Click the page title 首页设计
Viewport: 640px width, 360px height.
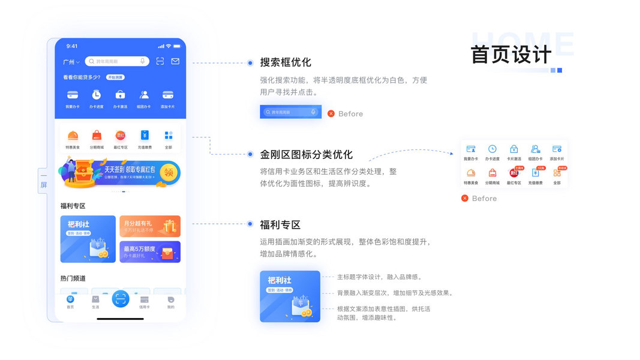click(x=511, y=55)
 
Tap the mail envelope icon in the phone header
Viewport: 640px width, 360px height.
click(x=175, y=61)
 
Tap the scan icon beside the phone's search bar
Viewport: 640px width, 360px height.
click(x=160, y=61)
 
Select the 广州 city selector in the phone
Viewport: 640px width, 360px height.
click(x=71, y=62)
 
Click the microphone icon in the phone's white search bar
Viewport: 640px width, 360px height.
click(x=143, y=61)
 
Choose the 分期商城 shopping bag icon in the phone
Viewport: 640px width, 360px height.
click(x=97, y=136)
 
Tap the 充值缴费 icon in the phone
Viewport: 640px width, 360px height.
click(x=145, y=136)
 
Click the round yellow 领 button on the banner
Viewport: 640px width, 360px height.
click(x=169, y=172)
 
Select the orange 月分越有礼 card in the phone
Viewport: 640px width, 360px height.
click(x=150, y=226)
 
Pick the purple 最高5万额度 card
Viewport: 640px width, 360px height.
click(x=150, y=251)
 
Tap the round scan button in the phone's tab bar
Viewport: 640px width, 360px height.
click(x=121, y=299)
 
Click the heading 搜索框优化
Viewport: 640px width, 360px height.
click(x=286, y=62)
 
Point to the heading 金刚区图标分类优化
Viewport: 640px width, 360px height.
click(x=306, y=154)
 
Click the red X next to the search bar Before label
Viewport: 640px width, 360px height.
click(x=331, y=113)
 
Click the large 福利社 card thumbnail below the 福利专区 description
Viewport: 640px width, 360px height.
click(x=290, y=296)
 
